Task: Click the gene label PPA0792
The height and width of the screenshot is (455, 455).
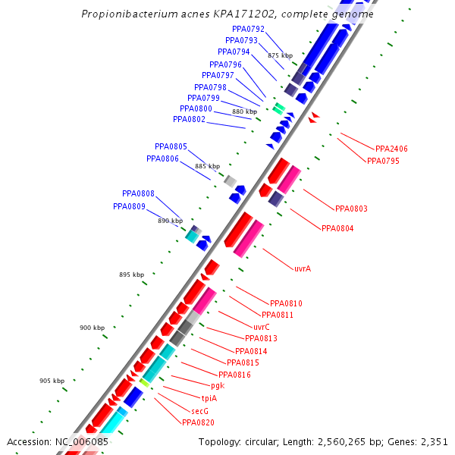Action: (249, 29)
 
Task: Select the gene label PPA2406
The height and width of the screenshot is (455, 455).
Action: (391, 149)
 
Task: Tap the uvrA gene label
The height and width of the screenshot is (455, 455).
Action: (303, 268)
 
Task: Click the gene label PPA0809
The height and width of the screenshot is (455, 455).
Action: (130, 206)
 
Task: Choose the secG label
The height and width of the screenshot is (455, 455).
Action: (199, 410)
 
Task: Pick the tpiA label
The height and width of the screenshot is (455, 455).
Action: (209, 398)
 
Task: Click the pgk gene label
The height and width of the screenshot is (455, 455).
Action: (217, 386)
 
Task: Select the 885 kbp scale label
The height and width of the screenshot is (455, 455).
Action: (207, 166)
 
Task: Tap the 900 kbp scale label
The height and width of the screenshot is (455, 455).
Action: (92, 328)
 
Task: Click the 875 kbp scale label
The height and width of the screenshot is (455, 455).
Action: (280, 55)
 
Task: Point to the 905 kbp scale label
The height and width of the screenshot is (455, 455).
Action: (52, 381)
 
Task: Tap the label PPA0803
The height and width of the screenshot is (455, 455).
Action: (351, 209)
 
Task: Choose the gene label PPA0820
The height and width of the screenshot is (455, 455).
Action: (198, 422)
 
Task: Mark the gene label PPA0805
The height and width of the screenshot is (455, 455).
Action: (171, 146)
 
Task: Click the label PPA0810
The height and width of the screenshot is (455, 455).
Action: (286, 303)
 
